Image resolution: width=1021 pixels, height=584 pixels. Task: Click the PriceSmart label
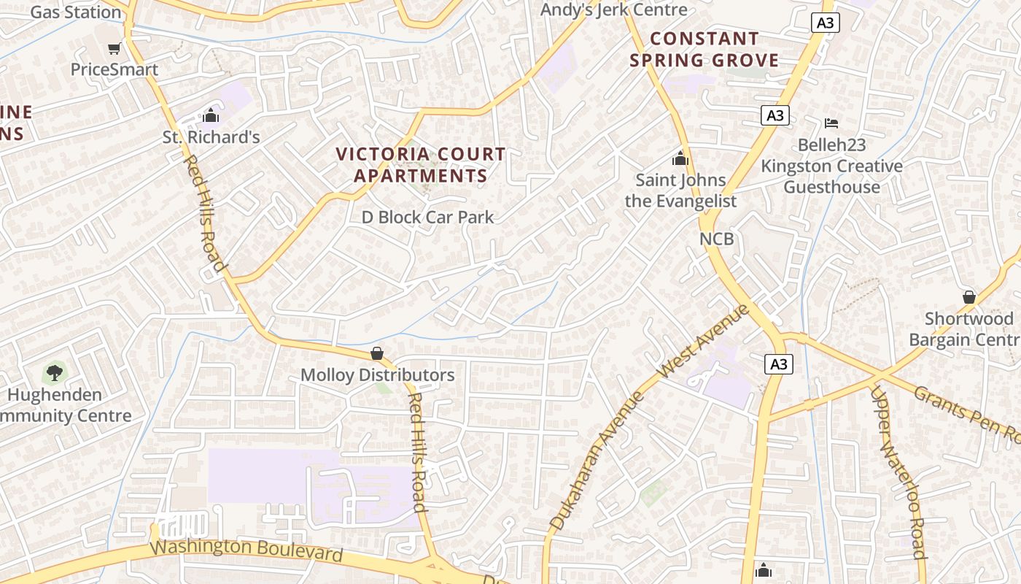coord(114,70)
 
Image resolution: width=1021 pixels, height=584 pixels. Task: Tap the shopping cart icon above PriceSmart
coord(114,48)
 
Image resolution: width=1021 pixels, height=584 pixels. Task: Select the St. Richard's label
coord(211,137)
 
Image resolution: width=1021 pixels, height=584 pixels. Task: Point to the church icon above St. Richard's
coord(211,115)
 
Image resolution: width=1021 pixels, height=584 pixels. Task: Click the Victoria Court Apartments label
coord(421,165)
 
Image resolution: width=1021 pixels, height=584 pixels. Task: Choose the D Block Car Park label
coord(428,218)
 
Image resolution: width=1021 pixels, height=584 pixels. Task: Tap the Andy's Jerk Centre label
coord(613,10)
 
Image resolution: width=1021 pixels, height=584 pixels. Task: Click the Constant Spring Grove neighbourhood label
coord(704,49)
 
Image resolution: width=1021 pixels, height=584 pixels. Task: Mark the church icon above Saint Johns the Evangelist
coord(680,158)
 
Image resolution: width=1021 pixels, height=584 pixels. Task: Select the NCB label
coord(716,239)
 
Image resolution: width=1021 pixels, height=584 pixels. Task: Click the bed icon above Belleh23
coord(831,123)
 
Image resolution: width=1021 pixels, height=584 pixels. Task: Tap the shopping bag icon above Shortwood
coord(968,297)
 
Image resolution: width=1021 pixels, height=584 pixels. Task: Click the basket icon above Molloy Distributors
coord(377,353)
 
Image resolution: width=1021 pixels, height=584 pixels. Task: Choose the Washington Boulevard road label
coord(246,549)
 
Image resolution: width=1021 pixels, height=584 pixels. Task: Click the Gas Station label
coord(75,12)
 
